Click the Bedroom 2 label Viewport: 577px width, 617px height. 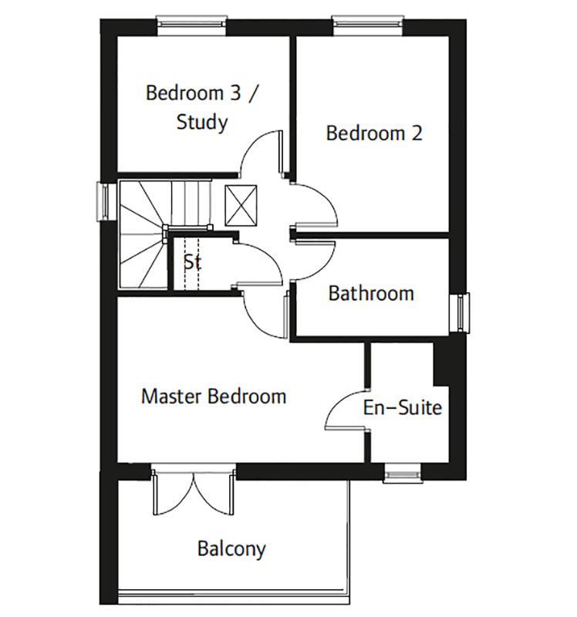click(374, 133)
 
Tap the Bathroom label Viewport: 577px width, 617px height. click(371, 293)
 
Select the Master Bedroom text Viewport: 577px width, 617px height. click(214, 396)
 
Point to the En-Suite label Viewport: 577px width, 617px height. click(403, 407)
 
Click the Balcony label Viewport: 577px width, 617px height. click(231, 549)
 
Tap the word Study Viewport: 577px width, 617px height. click(201, 122)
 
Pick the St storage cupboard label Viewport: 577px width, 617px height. click(192, 261)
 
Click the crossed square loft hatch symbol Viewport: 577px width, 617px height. click(240, 204)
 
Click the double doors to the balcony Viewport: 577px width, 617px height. click(194, 494)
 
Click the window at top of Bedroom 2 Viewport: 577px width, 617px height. click(367, 24)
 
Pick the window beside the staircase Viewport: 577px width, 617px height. click(103, 201)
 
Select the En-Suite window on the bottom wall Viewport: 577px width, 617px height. click(402, 472)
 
